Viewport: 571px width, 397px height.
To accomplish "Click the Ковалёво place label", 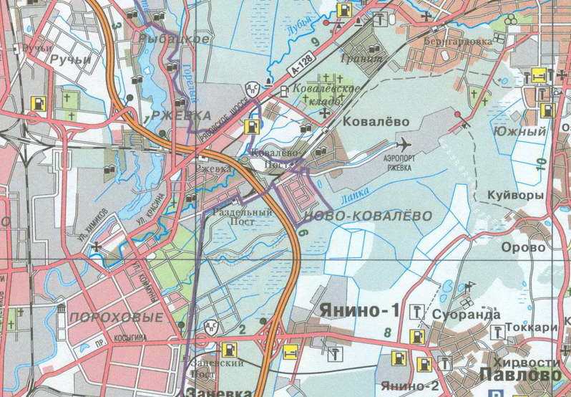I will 373,122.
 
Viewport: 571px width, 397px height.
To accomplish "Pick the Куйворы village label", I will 515,195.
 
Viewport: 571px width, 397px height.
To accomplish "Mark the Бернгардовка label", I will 463,42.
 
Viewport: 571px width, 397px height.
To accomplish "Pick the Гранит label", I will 362,57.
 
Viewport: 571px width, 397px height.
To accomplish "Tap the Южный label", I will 529,132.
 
